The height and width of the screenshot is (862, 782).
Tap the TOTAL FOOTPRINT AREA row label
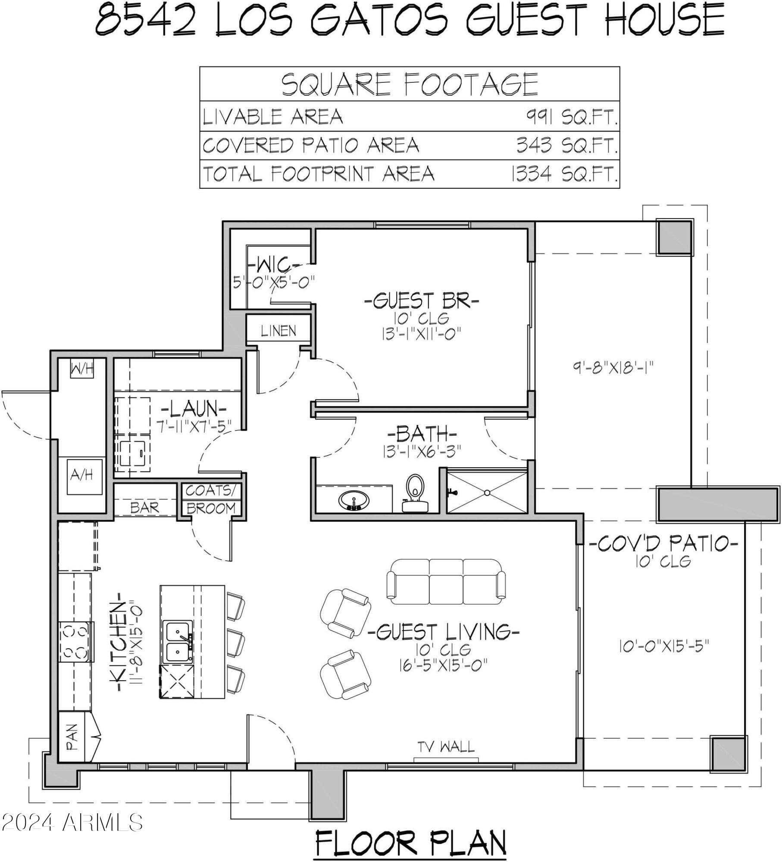coord(318,174)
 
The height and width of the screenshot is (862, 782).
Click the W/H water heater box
coord(82,369)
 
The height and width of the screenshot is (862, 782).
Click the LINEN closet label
coord(278,331)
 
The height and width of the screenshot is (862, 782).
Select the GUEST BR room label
coord(421,301)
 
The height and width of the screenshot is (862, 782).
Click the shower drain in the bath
coord(487,492)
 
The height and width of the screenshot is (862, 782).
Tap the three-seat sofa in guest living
coord(446,582)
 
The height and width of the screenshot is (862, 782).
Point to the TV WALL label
coord(446,746)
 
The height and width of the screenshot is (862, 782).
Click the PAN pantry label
coord(72,737)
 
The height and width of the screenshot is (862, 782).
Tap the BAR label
coord(144,508)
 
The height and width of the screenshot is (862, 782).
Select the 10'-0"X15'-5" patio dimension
coord(664,646)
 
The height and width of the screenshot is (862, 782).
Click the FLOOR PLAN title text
coord(410,843)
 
